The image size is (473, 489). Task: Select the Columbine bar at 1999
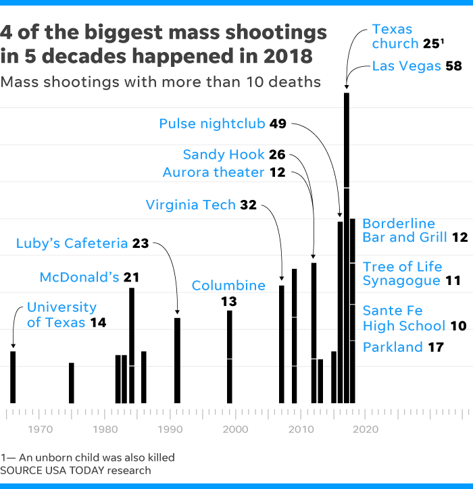click(x=230, y=356)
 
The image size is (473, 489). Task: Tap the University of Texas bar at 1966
click(x=13, y=377)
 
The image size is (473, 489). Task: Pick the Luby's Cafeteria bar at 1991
click(x=177, y=360)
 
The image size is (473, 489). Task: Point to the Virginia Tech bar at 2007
click(x=282, y=344)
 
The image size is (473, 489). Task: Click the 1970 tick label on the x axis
click(x=41, y=429)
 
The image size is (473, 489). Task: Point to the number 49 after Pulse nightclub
click(x=278, y=124)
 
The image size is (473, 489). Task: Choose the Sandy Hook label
click(x=224, y=155)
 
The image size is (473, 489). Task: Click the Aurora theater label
click(x=214, y=172)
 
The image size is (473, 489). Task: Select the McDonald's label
click(x=80, y=277)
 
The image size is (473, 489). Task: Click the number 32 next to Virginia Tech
click(x=249, y=205)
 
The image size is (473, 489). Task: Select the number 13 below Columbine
click(x=229, y=301)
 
